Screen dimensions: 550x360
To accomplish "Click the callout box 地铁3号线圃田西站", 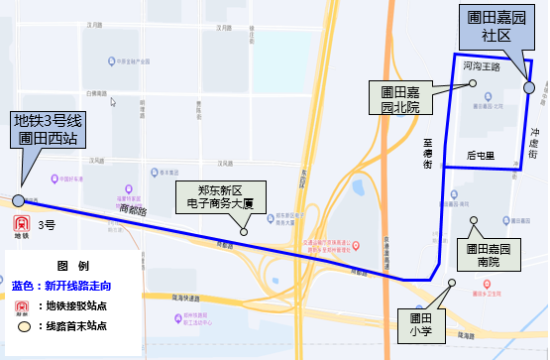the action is [x=46, y=130].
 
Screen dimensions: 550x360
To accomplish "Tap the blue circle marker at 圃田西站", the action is [x=18, y=200].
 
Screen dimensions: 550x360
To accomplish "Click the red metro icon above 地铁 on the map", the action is [x=21, y=221].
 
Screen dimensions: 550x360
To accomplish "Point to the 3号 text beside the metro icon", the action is [x=47, y=226].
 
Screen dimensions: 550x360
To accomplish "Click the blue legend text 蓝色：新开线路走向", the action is [x=63, y=285].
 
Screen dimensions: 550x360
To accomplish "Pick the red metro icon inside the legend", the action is [x=23, y=304].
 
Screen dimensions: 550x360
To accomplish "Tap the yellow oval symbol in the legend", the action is [x=23, y=325].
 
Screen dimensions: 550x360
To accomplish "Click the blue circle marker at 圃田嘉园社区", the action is [x=528, y=88].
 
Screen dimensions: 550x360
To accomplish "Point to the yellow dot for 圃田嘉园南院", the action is [x=474, y=220].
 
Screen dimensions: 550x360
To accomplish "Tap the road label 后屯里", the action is [x=480, y=157].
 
